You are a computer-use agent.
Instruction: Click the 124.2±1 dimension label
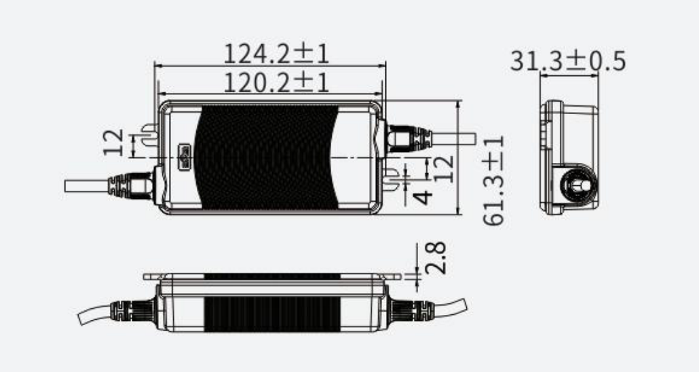click(x=276, y=53)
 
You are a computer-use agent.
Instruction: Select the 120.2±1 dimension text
click(x=276, y=83)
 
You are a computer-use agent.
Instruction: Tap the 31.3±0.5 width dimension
click(x=568, y=62)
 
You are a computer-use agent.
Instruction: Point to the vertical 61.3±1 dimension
click(x=493, y=180)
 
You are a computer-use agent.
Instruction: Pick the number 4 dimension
click(x=422, y=198)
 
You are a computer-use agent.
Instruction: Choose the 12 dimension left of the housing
click(x=115, y=143)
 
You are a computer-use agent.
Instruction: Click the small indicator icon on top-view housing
click(x=185, y=157)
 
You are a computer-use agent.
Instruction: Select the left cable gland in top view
click(x=132, y=185)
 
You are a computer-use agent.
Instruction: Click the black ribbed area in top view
click(x=265, y=157)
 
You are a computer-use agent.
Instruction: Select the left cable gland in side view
click(x=129, y=310)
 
